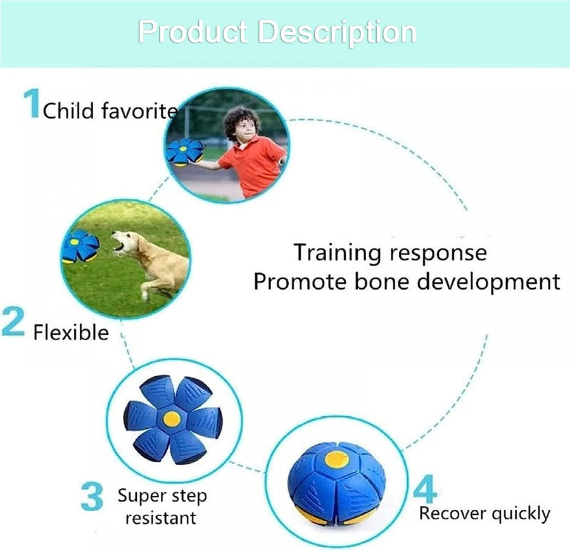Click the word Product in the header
(193, 32)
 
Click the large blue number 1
(32, 103)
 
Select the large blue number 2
(13, 321)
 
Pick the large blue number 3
(92, 497)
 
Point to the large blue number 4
(426, 488)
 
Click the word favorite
(139, 110)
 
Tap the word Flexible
(71, 332)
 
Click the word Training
(336, 253)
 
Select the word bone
(382, 282)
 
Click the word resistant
(161, 518)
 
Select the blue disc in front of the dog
(80, 246)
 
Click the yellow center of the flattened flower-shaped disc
(172, 419)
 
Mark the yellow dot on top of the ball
(337, 459)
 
